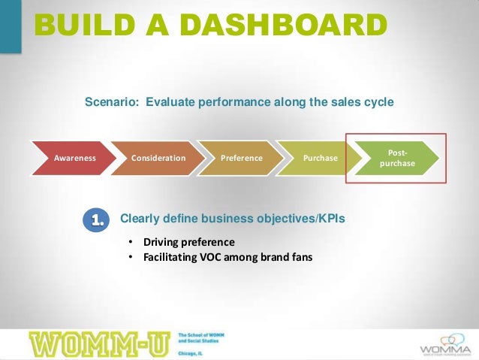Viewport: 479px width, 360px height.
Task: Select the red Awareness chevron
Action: pos(74,159)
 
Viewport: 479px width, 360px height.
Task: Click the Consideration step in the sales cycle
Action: pos(158,159)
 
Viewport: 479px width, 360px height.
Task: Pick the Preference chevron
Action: pos(241,159)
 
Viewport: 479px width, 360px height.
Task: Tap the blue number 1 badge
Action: pos(98,219)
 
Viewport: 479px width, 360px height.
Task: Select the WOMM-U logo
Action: pos(100,343)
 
